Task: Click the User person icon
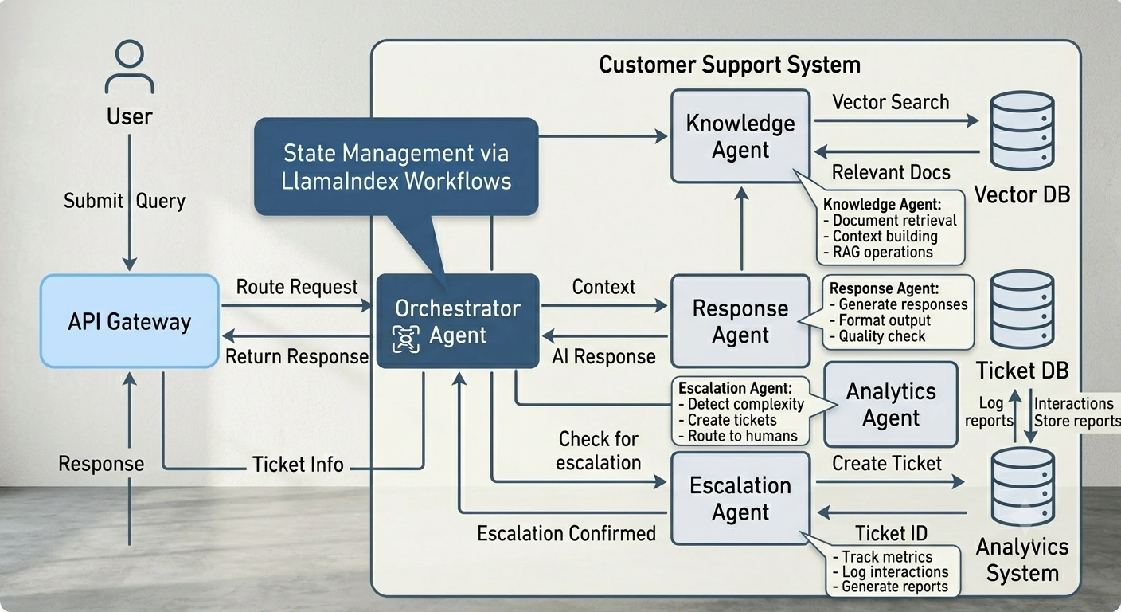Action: click(x=130, y=66)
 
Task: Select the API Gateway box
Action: click(x=130, y=321)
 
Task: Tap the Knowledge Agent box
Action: click(x=740, y=136)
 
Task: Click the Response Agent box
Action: click(x=740, y=321)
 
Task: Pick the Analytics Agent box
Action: click(x=891, y=404)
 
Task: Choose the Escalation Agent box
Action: click(x=740, y=498)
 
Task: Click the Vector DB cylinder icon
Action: click(x=1022, y=131)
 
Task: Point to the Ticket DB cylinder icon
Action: click(x=1022, y=309)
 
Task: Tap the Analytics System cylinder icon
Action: click(x=1022, y=487)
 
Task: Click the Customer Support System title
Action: click(x=729, y=65)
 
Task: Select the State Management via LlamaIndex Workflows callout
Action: click(x=396, y=167)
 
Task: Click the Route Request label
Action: click(x=297, y=287)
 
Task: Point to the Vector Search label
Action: click(x=891, y=102)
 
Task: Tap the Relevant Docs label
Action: click(x=891, y=172)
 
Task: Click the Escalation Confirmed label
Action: click(x=567, y=533)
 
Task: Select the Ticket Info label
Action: click(x=298, y=465)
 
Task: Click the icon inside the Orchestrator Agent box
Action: click(x=406, y=339)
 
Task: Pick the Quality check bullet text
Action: click(x=877, y=336)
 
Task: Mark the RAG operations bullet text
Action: click(x=878, y=252)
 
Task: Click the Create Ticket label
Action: click(x=887, y=463)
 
